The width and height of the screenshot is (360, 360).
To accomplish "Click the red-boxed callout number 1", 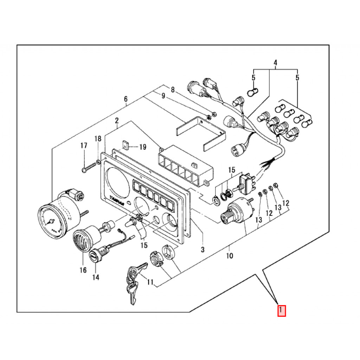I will (x=281, y=311).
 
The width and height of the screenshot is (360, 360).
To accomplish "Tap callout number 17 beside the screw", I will (x=84, y=146).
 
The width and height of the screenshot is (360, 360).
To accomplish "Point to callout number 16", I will (x=83, y=270).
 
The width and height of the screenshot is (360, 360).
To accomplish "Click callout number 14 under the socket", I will (x=96, y=277).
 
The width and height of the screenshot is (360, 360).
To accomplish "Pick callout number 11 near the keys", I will (x=150, y=282).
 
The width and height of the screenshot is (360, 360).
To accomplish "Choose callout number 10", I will (x=229, y=256).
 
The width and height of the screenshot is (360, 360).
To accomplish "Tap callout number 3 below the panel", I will (x=202, y=250).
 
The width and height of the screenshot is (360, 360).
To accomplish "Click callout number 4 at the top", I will (x=275, y=63).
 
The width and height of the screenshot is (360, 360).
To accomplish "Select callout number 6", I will (x=126, y=99).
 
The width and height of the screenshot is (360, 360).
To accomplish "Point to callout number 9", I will (x=163, y=96).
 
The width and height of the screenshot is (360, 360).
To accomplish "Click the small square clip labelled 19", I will (x=125, y=144).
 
